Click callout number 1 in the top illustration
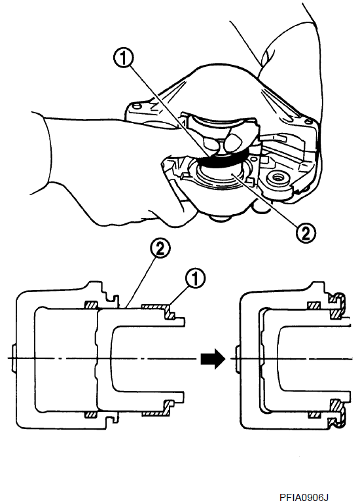[x=124, y=60]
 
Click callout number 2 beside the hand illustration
[x=305, y=233]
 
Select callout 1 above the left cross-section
[x=196, y=278]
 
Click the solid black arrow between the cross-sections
[x=213, y=358]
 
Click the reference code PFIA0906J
[x=304, y=497]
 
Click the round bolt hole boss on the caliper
[x=276, y=177]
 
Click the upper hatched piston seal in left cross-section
[x=91, y=305]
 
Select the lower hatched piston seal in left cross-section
[x=91, y=414]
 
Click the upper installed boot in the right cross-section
[x=337, y=304]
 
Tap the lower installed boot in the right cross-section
[x=337, y=414]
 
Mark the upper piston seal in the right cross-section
[x=314, y=305]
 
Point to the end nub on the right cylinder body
[x=238, y=359]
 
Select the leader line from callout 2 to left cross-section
[x=141, y=282]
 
